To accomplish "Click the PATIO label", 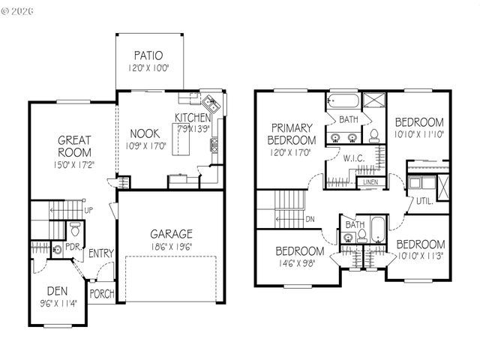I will [x=148, y=55].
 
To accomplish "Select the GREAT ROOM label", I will [x=75, y=145].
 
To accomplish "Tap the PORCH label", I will [x=101, y=293].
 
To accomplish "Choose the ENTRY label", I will [x=100, y=253].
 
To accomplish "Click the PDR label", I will [x=73, y=246].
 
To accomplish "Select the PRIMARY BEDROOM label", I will [x=292, y=134].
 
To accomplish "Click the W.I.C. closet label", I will [x=354, y=158].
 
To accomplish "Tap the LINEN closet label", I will [x=370, y=182].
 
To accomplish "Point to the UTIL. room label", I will [x=425, y=201].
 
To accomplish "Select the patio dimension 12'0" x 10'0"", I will [x=148, y=67].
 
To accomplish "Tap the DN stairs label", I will [x=310, y=220].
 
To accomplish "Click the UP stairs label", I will [x=89, y=210].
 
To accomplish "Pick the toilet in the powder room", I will [x=74, y=227].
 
